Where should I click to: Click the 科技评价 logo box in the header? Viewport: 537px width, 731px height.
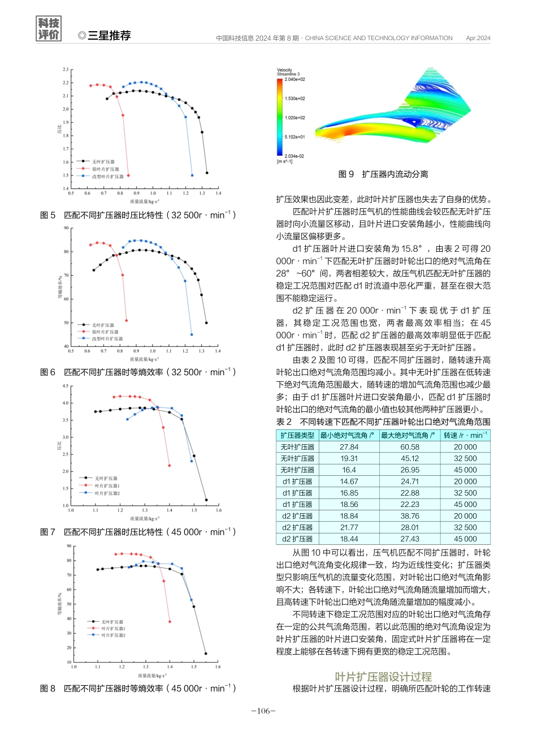coord(49,29)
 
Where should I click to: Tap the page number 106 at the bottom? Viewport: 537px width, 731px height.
coord(263,711)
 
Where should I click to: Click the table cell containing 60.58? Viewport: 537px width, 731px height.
coord(410,447)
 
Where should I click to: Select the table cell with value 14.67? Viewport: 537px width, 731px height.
coord(349,481)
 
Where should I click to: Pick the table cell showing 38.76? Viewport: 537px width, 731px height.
coord(410,516)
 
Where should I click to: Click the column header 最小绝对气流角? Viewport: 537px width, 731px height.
coord(347,435)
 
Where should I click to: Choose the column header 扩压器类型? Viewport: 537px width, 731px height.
coord(297,435)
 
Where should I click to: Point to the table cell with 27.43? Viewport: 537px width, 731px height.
coord(410,539)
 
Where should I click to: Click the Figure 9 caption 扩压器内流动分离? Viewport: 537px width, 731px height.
coord(383,174)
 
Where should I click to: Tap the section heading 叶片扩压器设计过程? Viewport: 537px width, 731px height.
coord(383,677)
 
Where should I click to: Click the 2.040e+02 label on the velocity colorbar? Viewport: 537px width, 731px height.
coord(295,80)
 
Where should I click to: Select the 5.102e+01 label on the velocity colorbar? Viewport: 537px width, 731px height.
coord(295,137)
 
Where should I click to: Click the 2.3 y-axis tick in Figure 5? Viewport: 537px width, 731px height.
coord(66,70)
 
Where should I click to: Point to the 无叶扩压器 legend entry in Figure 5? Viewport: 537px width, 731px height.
coord(103,162)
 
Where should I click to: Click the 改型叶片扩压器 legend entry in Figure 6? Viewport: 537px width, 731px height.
coord(107,338)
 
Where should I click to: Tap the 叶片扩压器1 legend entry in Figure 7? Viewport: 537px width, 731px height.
coord(107,485)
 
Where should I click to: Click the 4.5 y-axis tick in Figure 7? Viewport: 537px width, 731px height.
coord(65,386)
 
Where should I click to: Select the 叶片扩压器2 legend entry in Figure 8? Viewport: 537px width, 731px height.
coord(113,635)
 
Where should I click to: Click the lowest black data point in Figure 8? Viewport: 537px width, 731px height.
coord(206,653)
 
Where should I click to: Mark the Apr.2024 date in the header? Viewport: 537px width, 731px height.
coord(478,38)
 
